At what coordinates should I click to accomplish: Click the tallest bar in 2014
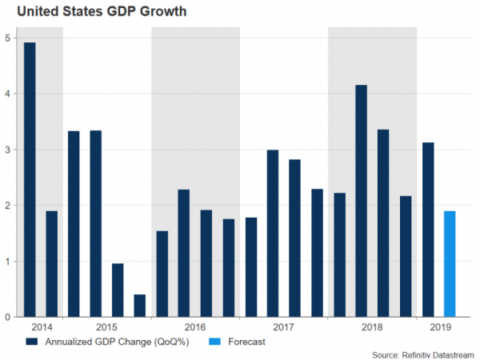[30, 180]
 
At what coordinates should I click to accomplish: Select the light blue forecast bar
[450, 264]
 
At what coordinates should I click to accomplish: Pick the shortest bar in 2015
[140, 306]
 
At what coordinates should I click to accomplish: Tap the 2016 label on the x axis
[195, 327]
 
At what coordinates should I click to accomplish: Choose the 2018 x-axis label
[372, 327]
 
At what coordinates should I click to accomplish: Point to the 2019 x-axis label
[439, 327]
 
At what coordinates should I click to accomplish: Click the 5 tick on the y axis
[7, 38]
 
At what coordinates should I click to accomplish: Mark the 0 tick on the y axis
[7, 318]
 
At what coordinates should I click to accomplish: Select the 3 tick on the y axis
[7, 150]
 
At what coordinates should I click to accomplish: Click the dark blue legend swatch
[32, 341]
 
